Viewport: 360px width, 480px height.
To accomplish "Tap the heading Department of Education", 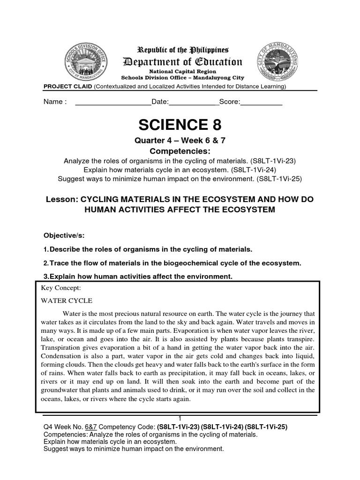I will [x=182, y=62].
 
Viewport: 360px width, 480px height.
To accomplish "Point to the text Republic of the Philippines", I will [x=182, y=50].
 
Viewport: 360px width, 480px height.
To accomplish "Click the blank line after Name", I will [x=112, y=102].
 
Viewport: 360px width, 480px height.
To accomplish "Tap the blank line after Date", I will [x=194, y=102].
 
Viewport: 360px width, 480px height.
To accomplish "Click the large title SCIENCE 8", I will [x=180, y=125].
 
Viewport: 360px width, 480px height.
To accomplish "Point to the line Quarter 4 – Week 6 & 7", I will [x=180, y=142].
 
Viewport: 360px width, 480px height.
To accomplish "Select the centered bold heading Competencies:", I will [x=180, y=151].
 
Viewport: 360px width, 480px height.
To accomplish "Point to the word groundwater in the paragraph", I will [x=62, y=390].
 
